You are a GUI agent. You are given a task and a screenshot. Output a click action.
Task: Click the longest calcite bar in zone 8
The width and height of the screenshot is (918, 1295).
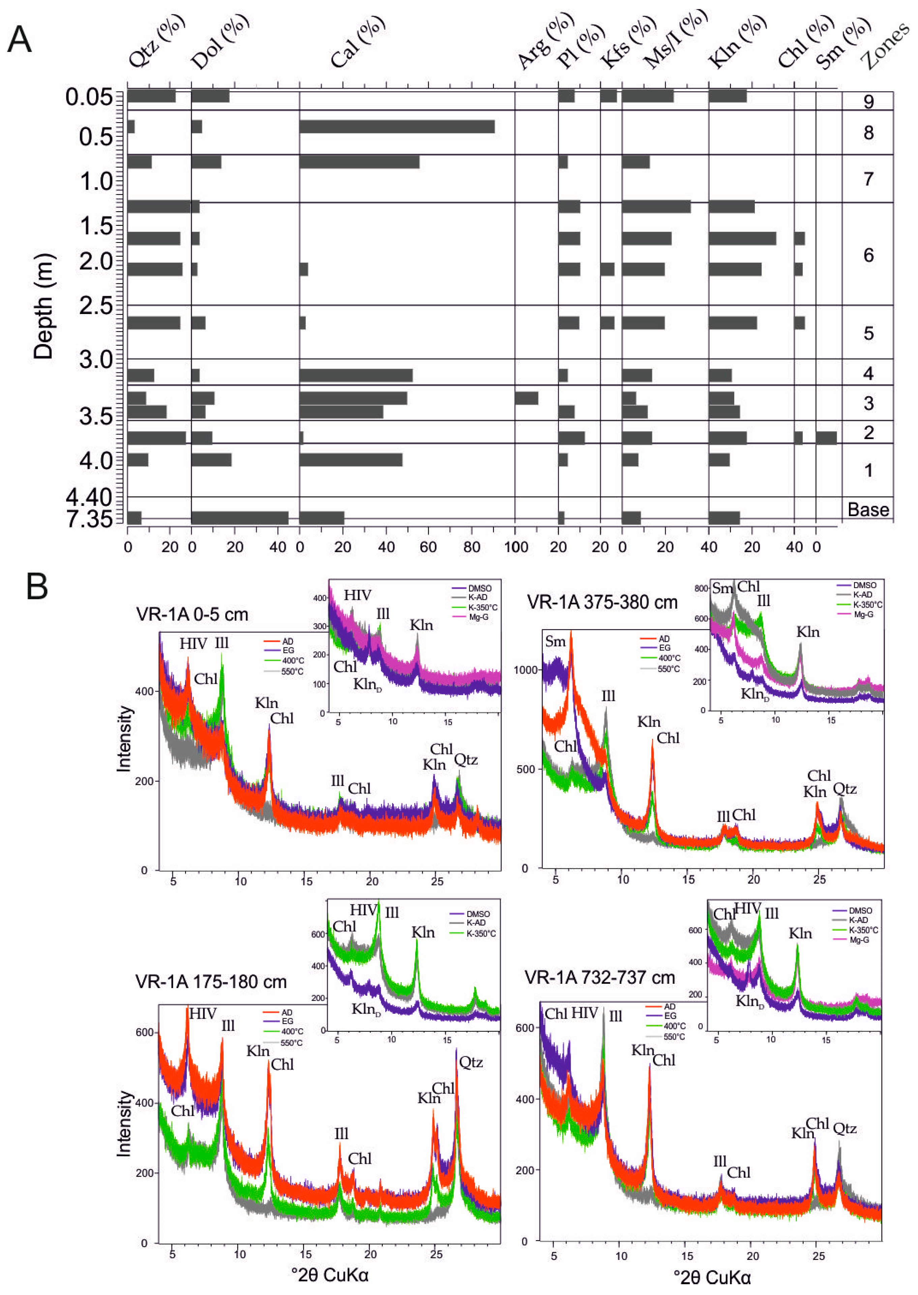(397, 127)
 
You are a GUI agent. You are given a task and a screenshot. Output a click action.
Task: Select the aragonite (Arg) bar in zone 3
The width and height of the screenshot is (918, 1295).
(526, 398)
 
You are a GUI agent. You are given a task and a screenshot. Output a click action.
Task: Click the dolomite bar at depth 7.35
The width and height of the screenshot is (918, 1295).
(240, 517)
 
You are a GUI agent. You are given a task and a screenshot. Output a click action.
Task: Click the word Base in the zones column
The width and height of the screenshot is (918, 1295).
(868, 510)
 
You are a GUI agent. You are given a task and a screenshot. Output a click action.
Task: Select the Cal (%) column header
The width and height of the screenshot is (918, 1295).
(357, 42)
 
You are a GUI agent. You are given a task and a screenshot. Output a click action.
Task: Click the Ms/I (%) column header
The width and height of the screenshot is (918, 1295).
(676, 39)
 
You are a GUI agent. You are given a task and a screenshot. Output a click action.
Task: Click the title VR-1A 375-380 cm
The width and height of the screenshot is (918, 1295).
(602, 602)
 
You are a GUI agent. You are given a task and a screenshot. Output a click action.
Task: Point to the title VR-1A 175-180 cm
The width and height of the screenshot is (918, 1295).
(211, 981)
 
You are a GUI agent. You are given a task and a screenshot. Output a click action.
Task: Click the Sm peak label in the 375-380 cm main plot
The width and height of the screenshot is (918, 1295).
(555, 641)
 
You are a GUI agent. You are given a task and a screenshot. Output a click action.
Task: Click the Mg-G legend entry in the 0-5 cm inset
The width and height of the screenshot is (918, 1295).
(478, 617)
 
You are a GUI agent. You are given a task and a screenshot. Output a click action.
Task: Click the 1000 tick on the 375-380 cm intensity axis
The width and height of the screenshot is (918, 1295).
(525, 670)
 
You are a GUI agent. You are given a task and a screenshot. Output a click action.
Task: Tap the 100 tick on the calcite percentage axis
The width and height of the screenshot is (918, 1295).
(515, 547)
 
